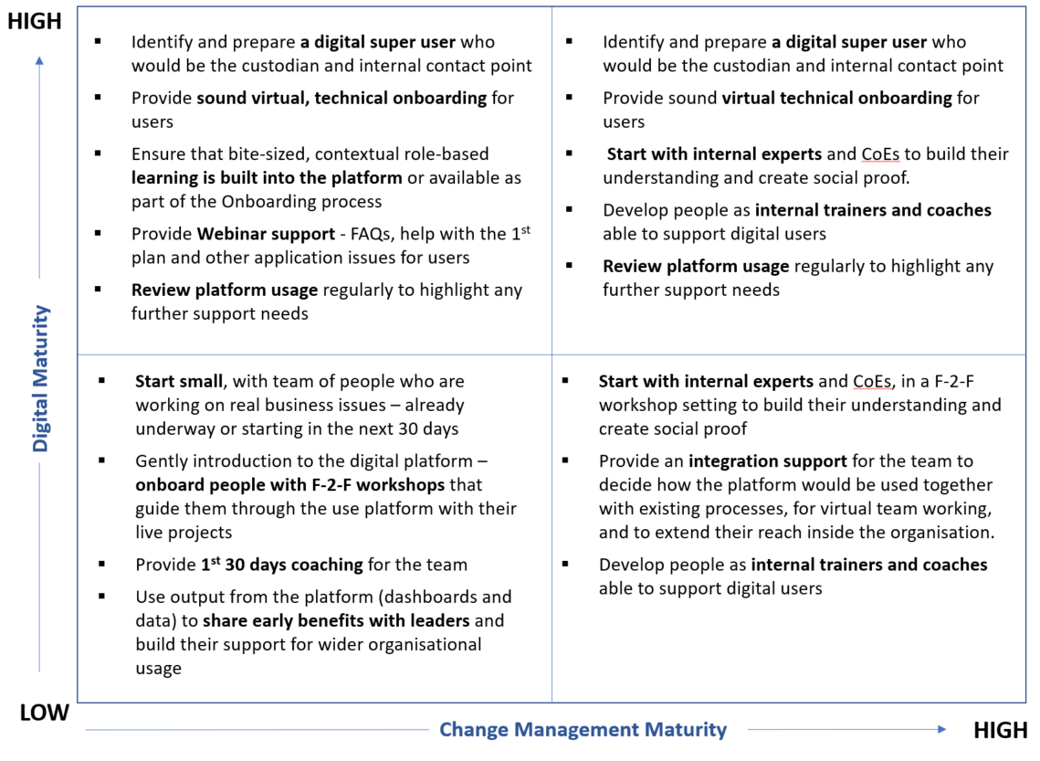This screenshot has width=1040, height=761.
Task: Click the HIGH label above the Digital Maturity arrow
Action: tap(35, 21)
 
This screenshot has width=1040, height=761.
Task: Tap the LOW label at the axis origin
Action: tap(44, 713)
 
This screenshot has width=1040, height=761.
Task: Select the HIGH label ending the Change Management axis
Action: tap(1001, 730)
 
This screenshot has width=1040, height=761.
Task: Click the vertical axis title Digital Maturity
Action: tap(41, 379)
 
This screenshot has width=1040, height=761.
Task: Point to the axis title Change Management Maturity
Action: tap(583, 729)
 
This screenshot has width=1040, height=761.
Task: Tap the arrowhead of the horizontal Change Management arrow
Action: tap(941, 729)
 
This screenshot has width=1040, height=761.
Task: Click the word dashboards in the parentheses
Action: tap(439, 597)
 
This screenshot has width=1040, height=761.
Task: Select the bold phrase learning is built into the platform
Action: tap(267, 177)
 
